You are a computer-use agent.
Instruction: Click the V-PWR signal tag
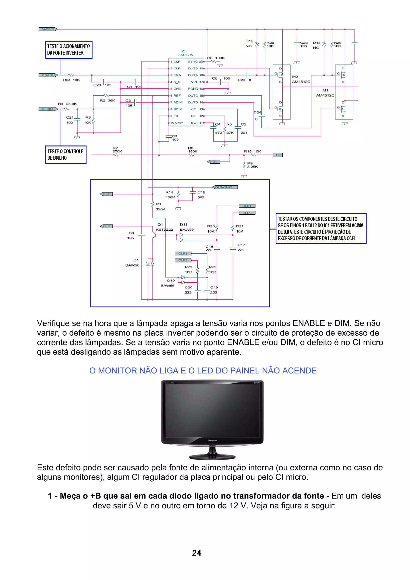click(x=48, y=29)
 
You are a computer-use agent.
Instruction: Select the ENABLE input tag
click(x=48, y=75)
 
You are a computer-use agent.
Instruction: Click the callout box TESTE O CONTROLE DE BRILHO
click(x=66, y=155)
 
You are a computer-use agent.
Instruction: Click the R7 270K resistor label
click(x=117, y=150)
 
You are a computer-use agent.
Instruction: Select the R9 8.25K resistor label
click(x=252, y=165)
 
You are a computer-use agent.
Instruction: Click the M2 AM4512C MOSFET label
click(x=301, y=79)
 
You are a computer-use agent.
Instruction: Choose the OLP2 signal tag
click(x=247, y=213)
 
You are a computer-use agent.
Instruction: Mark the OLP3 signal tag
click(x=183, y=260)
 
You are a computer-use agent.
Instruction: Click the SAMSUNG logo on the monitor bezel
click(x=212, y=440)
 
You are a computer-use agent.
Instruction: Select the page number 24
click(x=197, y=553)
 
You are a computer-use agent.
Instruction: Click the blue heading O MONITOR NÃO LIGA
click(x=203, y=371)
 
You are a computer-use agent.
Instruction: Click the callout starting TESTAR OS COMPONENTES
click(x=321, y=229)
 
